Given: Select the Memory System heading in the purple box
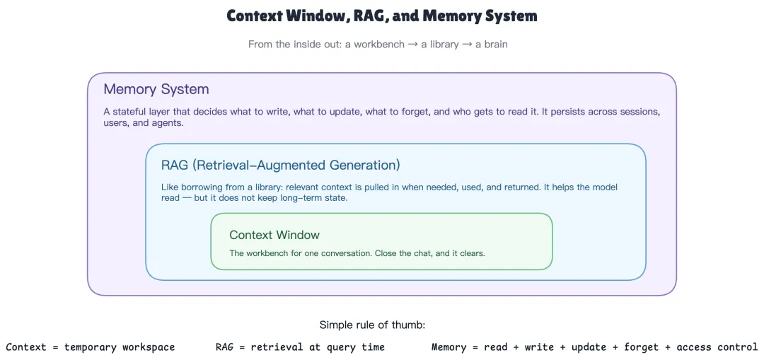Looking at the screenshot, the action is click(156, 90).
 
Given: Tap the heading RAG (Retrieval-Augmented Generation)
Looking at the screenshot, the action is click(281, 165).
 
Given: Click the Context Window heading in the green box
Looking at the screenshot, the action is click(274, 235).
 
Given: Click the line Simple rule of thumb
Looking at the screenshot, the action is click(373, 325).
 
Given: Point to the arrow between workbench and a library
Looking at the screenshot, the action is click(411, 45).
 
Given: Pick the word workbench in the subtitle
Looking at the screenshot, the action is click(379, 45).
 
